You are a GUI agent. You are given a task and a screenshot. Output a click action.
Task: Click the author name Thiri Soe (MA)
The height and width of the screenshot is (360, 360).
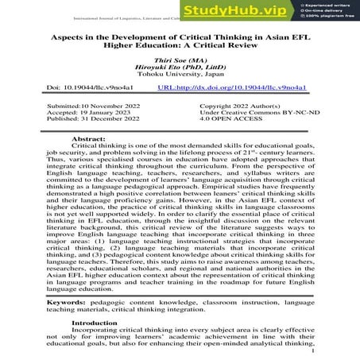click(180, 60)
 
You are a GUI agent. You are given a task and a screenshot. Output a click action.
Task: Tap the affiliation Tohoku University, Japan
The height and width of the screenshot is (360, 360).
click(180, 77)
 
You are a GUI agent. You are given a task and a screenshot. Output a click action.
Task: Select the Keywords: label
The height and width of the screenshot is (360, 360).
click(68, 301)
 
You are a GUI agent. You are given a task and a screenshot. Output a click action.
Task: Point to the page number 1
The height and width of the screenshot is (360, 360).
click(315, 350)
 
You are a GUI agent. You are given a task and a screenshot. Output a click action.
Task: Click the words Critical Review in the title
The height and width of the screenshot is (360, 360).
click(234, 46)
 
